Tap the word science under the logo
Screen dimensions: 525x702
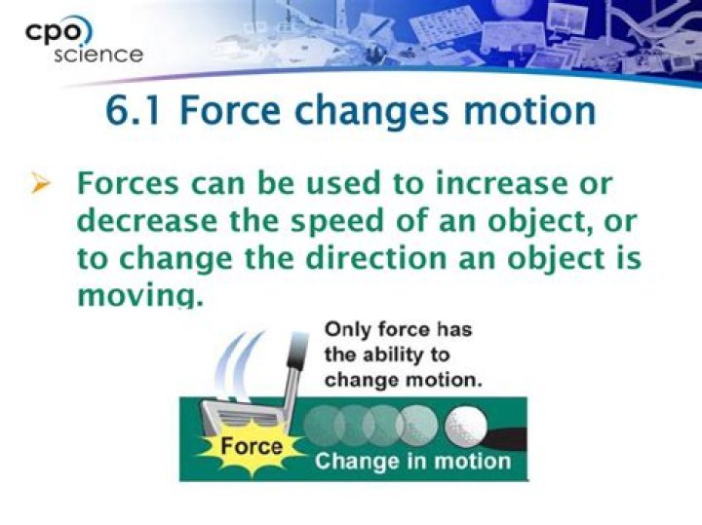[97, 55]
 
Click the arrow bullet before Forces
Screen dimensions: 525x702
[41, 184]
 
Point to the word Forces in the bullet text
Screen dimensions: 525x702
[133, 184]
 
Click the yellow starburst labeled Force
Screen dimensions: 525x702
[251, 449]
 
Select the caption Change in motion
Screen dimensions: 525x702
[412, 461]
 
